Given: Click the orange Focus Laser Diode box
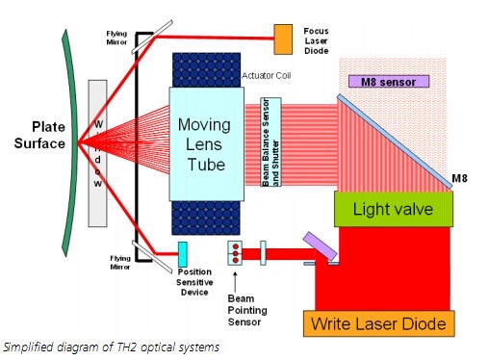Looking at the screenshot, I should coord(284,39).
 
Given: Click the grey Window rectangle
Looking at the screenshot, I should coord(96,153).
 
